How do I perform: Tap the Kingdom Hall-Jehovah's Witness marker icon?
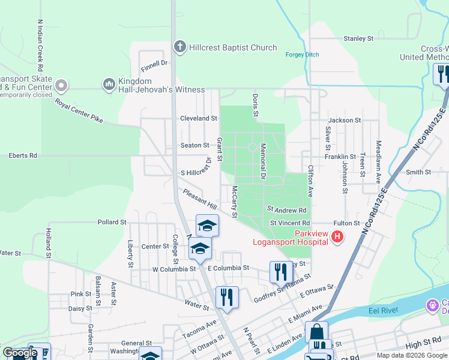[109, 85]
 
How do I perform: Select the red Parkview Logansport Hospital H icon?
[337, 237]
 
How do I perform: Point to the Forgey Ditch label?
[302, 55]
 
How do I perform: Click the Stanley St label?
[358, 38]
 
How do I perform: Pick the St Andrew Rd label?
[287, 210]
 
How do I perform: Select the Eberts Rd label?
[23, 155]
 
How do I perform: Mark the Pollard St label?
[112, 222]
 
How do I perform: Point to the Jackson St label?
[345, 120]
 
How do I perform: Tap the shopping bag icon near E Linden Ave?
[316, 332]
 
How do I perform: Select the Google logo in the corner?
[20, 353]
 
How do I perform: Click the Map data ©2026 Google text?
[411, 355]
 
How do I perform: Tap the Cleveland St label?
[199, 118]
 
